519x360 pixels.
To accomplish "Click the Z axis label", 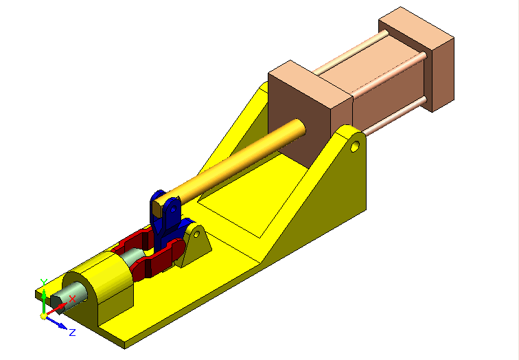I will pos(72,332).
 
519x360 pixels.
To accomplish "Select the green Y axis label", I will pos(43,282).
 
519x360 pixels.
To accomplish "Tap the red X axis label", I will pos(72,299).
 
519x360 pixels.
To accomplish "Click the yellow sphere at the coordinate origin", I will pos(44,316).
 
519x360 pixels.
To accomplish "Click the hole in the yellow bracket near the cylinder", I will pos(355,146).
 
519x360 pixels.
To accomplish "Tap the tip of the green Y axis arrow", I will pos(43,291).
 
